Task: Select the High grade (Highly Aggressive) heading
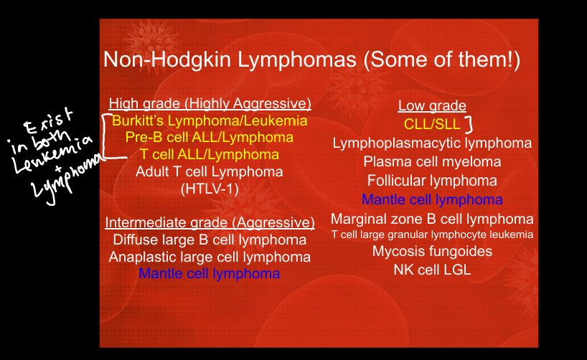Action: pos(210,104)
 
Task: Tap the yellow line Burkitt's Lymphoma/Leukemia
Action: pos(210,120)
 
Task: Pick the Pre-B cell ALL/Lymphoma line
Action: pos(210,138)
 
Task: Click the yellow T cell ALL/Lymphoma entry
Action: pos(210,155)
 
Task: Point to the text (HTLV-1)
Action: pos(210,189)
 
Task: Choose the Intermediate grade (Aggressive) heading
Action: pos(210,222)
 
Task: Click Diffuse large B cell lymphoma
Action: pos(210,240)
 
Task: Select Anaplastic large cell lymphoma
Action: pos(210,257)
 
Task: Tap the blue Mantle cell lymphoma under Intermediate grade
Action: pos(210,273)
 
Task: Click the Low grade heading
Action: pos(432,105)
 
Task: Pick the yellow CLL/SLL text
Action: pos(432,124)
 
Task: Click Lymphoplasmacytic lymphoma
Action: pos(432,143)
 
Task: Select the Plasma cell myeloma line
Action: pos(432,162)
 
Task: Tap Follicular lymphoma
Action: pos(432,181)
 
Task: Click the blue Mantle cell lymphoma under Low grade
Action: pos(432,199)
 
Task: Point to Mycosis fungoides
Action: pos(432,252)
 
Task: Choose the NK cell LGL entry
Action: pos(432,270)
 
